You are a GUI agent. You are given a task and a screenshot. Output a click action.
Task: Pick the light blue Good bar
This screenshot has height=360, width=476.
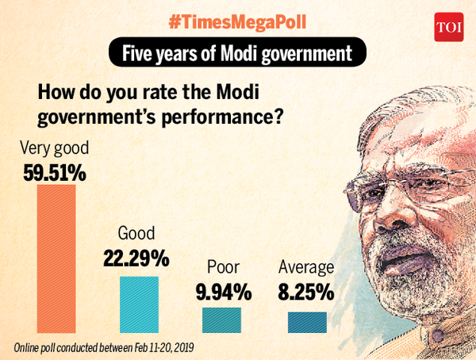pyautogui.click(x=139, y=304)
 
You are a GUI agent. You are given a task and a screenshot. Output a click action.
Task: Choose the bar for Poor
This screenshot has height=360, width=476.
pyautogui.click(x=222, y=319)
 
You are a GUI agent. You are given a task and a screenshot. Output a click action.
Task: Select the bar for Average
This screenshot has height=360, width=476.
pyautogui.click(x=305, y=321)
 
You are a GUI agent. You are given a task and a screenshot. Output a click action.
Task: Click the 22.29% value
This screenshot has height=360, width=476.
pyautogui.click(x=136, y=259)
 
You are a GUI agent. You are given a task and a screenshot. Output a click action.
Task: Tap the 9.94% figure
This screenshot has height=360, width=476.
pyautogui.click(x=223, y=292)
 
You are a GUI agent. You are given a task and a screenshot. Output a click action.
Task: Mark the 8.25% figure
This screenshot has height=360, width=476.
pyautogui.click(x=305, y=292)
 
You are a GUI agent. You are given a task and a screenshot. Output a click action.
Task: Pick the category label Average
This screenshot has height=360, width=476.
pyautogui.click(x=305, y=268)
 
